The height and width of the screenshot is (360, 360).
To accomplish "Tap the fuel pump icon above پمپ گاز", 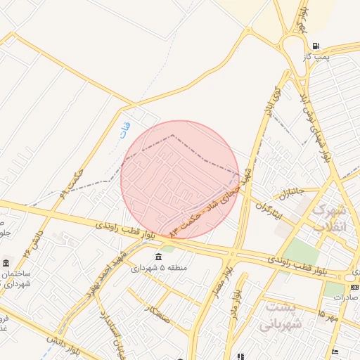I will (x=315, y=45).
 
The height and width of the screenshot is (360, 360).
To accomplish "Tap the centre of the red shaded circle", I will (x=180, y=179).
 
